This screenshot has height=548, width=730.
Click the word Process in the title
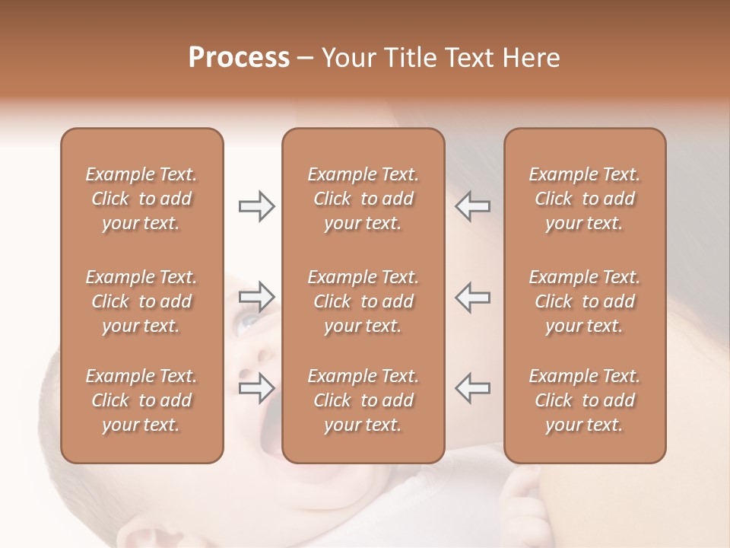(x=239, y=58)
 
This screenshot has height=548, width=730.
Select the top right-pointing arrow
(x=256, y=206)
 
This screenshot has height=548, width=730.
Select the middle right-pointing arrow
(x=256, y=297)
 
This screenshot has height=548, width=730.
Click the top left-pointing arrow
(x=473, y=206)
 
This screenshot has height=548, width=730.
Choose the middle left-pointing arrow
(x=473, y=297)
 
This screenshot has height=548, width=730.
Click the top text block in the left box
(x=141, y=199)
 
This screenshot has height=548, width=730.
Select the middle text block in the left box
(x=141, y=301)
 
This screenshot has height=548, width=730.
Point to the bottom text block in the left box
(x=141, y=400)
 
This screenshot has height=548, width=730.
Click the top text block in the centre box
(x=363, y=199)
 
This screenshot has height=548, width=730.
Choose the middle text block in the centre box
(x=363, y=301)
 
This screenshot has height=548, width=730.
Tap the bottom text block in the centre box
(x=363, y=400)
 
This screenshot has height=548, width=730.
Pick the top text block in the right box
(x=585, y=199)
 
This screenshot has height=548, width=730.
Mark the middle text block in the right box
(x=585, y=301)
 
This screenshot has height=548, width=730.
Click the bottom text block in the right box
(x=585, y=400)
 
